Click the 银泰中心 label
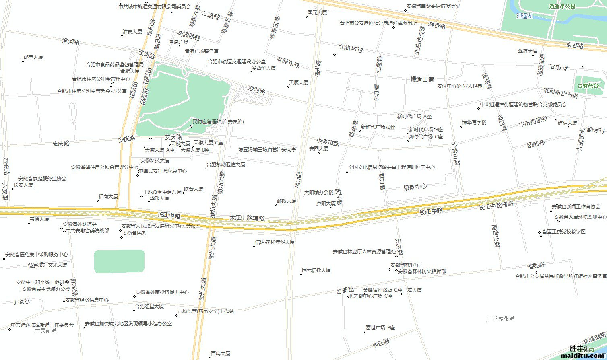[x=415, y=187]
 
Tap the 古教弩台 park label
[x=588, y=86]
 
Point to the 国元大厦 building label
[x=317, y=13]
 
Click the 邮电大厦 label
[x=33, y=57]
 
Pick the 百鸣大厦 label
[x=220, y=354]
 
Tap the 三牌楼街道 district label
[x=501, y=319]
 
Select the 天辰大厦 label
[x=298, y=83]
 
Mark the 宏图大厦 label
[x=318, y=149]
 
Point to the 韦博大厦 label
[x=39, y=219]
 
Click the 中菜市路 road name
[x=328, y=142]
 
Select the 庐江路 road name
[x=381, y=343]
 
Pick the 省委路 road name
[x=536, y=265]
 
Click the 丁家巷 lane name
[x=21, y=301]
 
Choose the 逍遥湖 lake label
[x=524, y=16]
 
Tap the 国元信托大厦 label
[x=316, y=270]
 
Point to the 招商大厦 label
[x=108, y=197]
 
